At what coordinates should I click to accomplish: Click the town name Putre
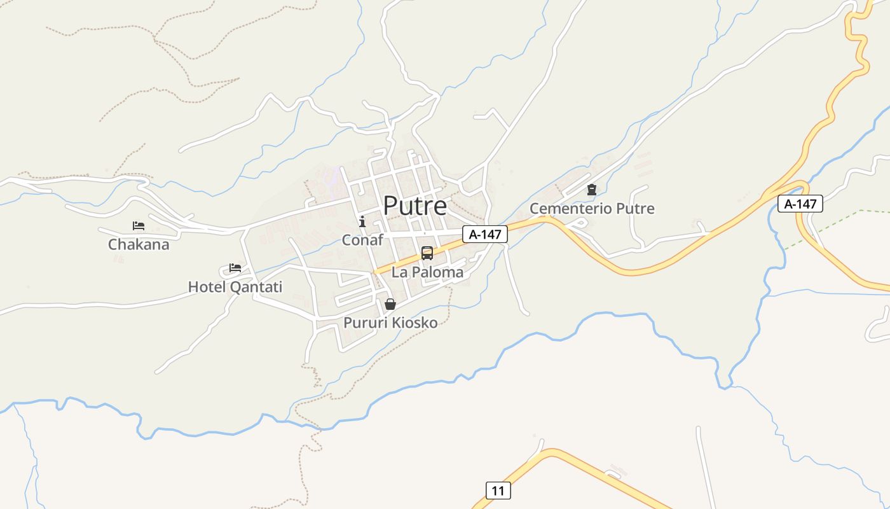click(414, 206)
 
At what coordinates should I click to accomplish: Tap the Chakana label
click(139, 244)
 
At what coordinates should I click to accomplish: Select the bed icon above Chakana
click(139, 226)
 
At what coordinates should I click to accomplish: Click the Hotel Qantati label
click(235, 287)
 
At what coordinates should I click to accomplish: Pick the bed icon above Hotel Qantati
click(235, 268)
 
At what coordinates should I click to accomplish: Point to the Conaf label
click(362, 240)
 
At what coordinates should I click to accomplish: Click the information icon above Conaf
click(362, 221)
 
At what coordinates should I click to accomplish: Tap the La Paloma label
click(427, 272)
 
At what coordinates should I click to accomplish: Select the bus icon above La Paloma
click(427, 253)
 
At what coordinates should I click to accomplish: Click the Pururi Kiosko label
click(390, 323)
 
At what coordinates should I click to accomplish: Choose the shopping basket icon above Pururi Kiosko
click(390, 304)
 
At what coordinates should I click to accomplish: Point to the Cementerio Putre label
click(592, 209)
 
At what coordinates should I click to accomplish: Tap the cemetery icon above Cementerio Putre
click(592, 190)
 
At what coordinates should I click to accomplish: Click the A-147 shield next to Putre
click(485, 234)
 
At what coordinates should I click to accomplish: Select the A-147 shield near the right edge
click(800, 204)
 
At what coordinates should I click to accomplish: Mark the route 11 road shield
click(498, 491)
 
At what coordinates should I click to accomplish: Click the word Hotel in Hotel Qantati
click(207, 287)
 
